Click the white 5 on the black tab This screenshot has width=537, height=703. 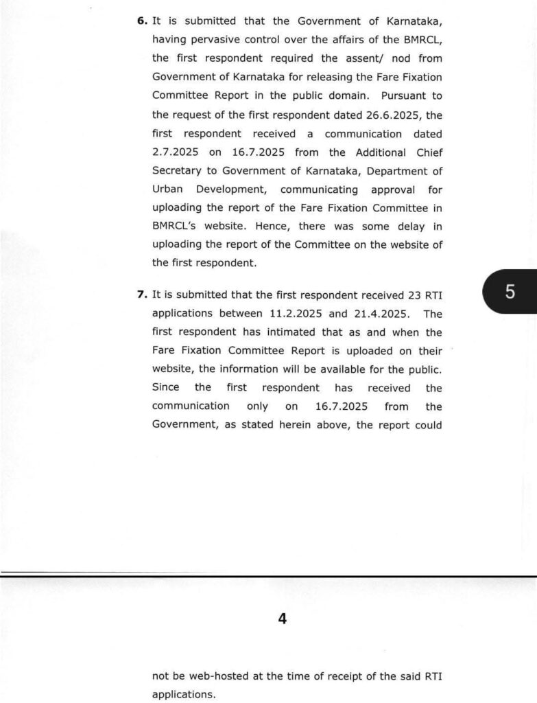tap(510, 291)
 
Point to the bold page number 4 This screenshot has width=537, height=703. tap(282, 619)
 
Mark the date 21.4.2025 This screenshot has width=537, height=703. tap(379, 314)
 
